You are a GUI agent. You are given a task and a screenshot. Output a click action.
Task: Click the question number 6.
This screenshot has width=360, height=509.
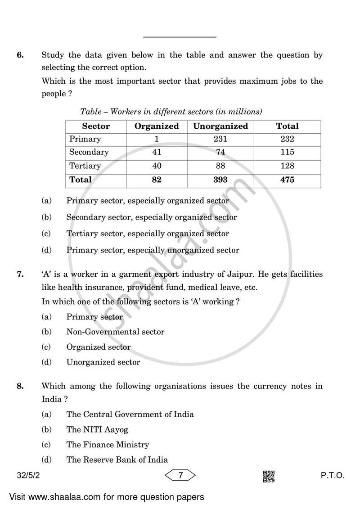[20, 55]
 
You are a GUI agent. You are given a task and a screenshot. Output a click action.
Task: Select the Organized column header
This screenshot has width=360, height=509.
[157, 126]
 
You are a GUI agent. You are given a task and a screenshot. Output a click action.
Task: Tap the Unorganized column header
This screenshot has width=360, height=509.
[220, 126]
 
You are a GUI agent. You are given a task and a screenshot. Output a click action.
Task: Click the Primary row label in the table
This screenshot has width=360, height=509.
[85, 139]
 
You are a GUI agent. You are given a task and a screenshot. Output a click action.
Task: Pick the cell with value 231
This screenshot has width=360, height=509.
[220, 139]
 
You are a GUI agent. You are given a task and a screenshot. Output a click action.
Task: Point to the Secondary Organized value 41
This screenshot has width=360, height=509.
[157, 152]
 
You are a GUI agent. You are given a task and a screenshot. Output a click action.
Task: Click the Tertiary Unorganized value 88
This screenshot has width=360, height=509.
[220, 166]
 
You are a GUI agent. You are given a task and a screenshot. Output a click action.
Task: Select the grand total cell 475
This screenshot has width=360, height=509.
[287, 180]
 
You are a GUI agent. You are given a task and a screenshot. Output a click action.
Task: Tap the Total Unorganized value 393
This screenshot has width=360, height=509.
[220, 180]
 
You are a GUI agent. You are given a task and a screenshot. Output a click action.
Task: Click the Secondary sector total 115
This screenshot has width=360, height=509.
[287, 152]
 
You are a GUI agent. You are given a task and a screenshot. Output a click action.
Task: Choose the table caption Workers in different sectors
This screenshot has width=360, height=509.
[171, 111]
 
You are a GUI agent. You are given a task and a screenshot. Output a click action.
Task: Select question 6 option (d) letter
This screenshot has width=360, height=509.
[46, 250]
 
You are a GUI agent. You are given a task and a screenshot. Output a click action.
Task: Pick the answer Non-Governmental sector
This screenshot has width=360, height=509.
[115, 332]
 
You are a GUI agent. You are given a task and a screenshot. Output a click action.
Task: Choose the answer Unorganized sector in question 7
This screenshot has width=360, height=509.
[103, 362]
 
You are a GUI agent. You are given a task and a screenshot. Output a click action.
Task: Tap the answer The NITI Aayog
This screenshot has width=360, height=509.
[97, 430]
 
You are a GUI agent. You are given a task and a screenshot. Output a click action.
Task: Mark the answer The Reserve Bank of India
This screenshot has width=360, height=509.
[117, 460]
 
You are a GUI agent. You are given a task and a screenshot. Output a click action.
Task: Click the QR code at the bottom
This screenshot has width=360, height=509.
[269, 476]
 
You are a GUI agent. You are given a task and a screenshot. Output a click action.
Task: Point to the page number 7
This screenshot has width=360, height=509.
[180, 475]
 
